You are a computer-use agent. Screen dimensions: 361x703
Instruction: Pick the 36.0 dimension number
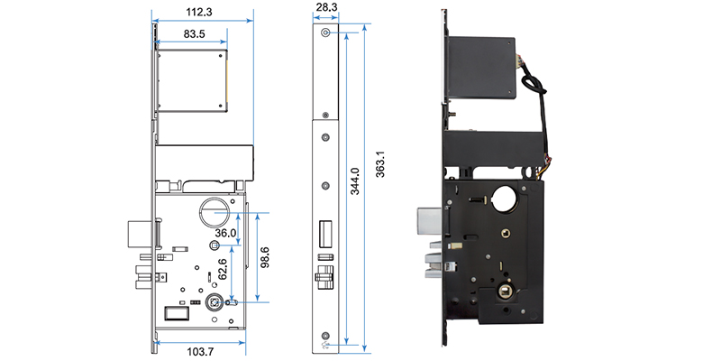225,233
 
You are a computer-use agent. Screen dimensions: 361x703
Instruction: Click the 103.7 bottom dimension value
200,349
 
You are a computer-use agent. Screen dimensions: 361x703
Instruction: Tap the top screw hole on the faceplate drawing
324,33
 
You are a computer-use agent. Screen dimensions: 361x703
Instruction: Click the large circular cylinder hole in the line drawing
213,209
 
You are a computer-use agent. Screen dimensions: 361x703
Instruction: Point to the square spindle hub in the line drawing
216,303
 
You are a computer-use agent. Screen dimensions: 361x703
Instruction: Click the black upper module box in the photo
482,68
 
